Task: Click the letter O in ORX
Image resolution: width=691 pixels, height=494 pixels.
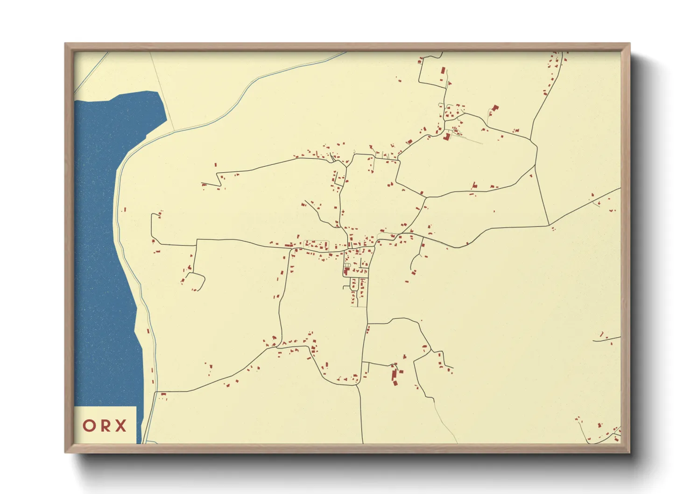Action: click(x=90, y=426)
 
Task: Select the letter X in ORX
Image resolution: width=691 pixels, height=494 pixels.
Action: click(x=121, y=426)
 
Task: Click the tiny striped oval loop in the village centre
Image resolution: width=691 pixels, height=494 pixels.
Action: click(x=347, y=265)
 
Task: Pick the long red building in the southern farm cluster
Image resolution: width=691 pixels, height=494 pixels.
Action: click(x=395, y=375)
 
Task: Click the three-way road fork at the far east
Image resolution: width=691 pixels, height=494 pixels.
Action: click(x=548, y=226)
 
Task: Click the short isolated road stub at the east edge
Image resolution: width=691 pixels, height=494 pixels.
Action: click(x=607, y=339)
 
